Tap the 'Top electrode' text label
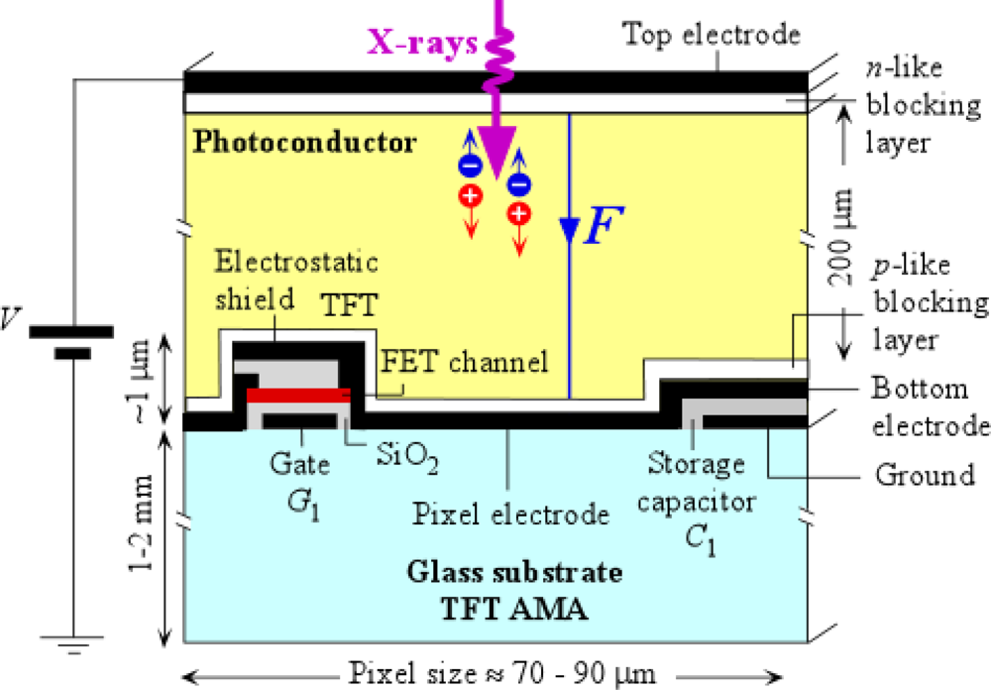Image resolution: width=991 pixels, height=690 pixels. [x=711, y=35]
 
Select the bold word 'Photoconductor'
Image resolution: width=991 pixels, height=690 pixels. [x=305, y=143]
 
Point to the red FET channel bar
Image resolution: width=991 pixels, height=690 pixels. [x=298, y=397]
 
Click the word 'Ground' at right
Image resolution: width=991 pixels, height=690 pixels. [x=924, y=475]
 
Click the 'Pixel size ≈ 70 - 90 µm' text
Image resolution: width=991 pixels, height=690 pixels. [x=502, y=673]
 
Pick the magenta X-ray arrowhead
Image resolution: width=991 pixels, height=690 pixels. [x=493, y=149]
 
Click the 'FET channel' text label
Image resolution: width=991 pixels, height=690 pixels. [x=465, y=362]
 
